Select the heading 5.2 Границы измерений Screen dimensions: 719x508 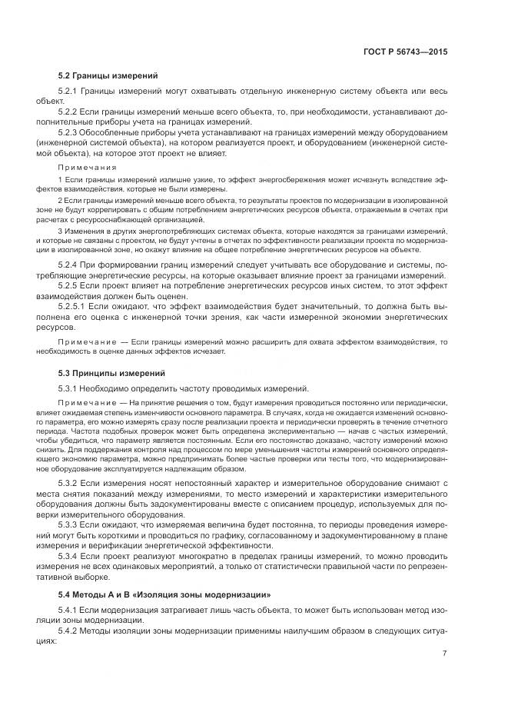[108, 76]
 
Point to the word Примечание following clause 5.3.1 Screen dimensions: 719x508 [87, 403]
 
